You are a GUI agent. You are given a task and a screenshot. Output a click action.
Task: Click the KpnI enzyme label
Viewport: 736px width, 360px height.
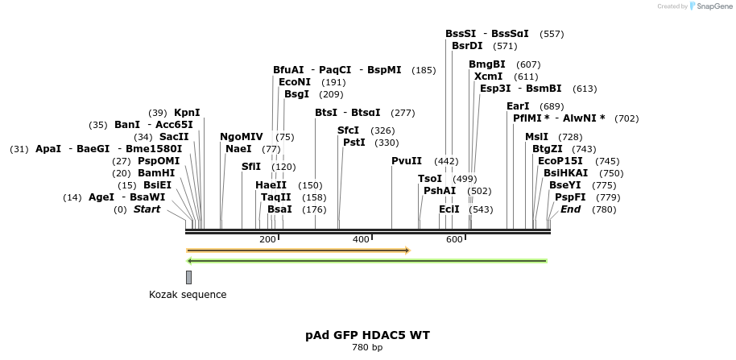(187, 112)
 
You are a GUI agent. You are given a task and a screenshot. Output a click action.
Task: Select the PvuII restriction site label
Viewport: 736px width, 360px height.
(407, 161)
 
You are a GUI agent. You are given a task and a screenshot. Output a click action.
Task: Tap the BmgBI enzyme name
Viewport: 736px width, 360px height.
(487, 64)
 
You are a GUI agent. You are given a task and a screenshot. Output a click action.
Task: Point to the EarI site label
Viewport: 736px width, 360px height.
(518, 106)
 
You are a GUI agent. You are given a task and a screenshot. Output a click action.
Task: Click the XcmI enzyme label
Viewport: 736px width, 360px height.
(488, 77)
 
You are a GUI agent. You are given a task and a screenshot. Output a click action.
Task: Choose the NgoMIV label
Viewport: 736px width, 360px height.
(242, 137)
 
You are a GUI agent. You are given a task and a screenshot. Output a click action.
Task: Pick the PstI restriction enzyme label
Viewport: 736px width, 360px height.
(354, 143)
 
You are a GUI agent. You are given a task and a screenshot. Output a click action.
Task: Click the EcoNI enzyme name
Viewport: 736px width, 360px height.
(295, 82)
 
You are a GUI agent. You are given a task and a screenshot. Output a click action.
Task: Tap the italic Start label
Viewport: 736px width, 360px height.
(147, 209)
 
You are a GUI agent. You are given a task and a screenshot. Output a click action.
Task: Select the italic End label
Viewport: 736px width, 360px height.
(570, 209)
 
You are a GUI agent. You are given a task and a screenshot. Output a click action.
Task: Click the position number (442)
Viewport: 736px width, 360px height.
(446, 161)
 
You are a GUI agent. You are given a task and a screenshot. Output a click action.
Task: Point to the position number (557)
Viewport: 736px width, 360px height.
(552, 34)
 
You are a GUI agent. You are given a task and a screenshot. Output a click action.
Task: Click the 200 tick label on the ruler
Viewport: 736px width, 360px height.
(267, 239)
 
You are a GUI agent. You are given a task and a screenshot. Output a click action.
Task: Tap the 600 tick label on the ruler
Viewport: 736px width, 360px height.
(454, 239)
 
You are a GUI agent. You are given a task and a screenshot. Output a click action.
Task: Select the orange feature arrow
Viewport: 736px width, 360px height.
(298, 250)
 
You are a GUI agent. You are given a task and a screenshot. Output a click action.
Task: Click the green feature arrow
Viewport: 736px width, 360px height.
(367, 261)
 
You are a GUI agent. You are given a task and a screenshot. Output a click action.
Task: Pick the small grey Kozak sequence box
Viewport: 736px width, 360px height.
(188, 277)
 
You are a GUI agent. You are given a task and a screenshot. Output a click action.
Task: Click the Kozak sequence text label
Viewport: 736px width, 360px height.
(188, 295)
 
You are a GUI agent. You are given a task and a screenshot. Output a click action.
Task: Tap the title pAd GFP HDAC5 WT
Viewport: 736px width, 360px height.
(366, 335)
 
